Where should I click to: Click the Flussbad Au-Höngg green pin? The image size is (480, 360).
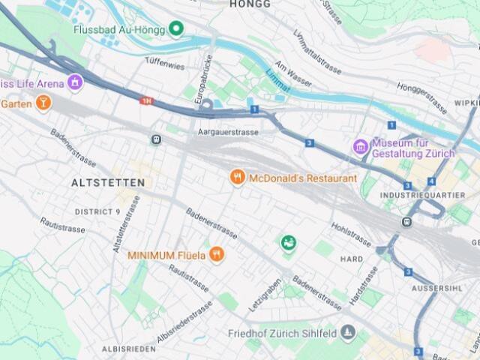click(176, 30)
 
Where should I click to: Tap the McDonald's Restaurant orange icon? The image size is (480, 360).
click(238, 178)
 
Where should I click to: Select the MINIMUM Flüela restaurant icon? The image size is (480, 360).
click(217, 254)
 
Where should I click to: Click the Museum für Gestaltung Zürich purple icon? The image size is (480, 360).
click(361, 146)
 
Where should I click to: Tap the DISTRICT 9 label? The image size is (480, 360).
click(97, 212)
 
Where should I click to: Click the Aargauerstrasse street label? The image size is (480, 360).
click(228, 133)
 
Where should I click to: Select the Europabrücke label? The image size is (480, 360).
click(201, 76)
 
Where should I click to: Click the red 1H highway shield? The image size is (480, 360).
click(147, 100)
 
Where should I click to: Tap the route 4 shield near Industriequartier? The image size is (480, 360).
click(432, 181)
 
